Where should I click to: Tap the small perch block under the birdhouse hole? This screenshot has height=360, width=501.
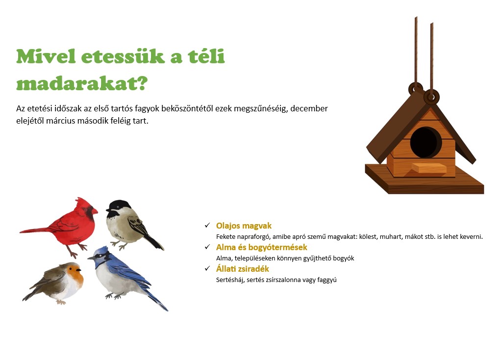(x=429, y=168)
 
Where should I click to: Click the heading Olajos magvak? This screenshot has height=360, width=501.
(x=244, y=226)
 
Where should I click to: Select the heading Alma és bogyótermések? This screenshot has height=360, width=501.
(x=261, y=247)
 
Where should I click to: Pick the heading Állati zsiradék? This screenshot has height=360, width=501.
(x=243, y=269)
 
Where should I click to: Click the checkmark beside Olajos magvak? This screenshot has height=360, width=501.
(x=207, y=226)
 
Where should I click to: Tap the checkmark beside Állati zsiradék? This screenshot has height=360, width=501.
(x=207, y=269)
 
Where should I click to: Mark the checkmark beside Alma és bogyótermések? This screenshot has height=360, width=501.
(x=207, y=247)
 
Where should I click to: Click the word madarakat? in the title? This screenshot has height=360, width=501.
(x=82, y=84)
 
